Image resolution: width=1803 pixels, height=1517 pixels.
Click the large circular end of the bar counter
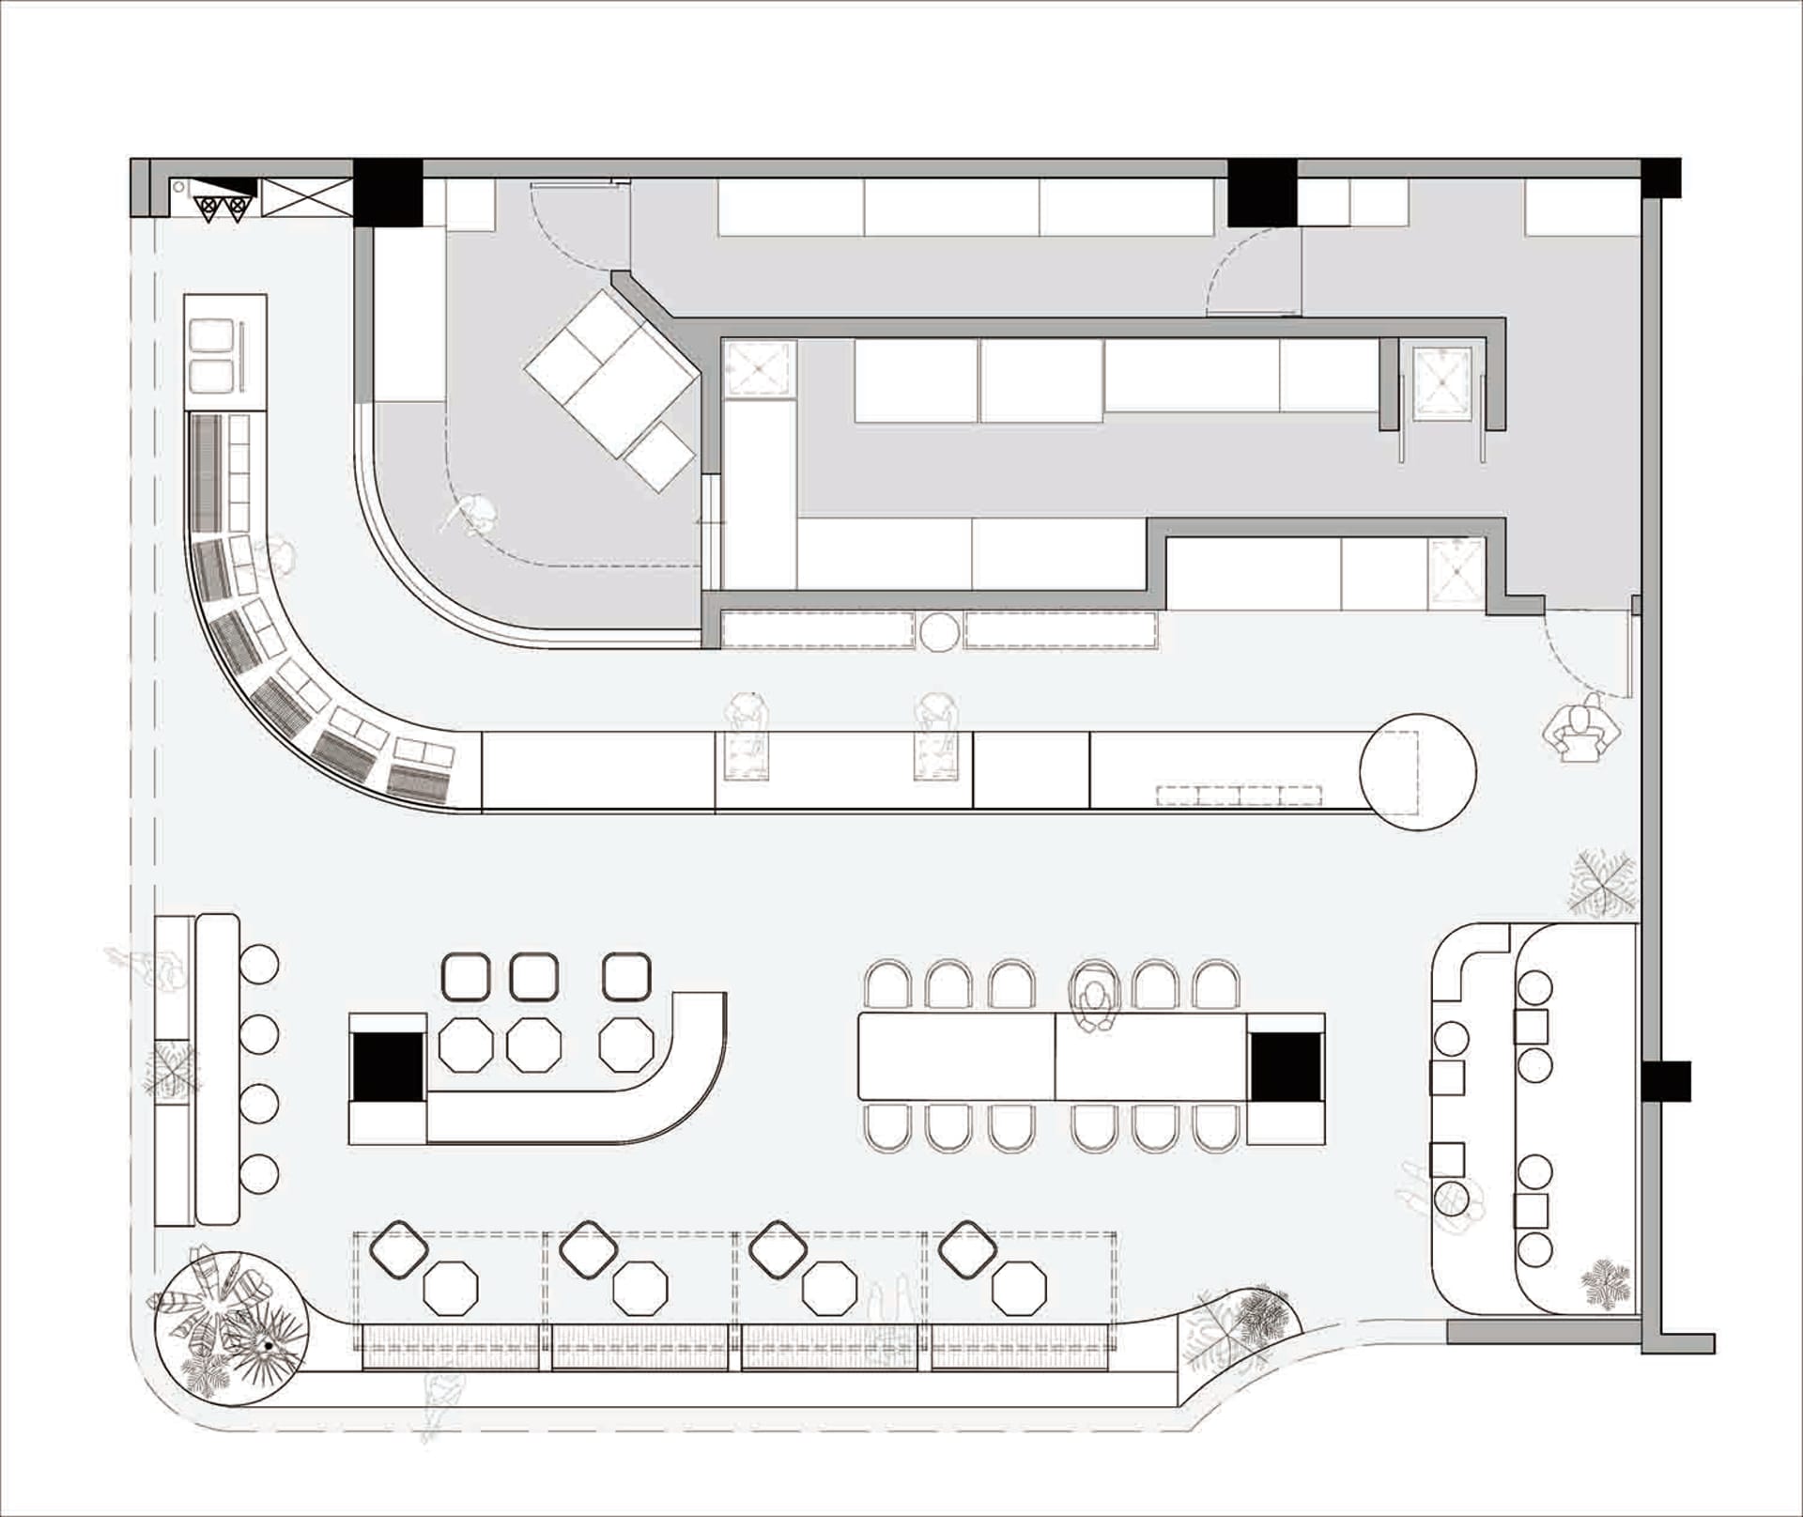tap(1417, 771)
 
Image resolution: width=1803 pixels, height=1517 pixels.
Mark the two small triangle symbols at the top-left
tap(222, 208)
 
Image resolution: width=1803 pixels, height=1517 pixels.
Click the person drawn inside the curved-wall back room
tap(475, 515)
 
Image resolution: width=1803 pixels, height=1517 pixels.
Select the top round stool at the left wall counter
tap(259, 965)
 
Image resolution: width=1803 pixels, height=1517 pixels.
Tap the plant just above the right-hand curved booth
tap(1601, 883)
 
